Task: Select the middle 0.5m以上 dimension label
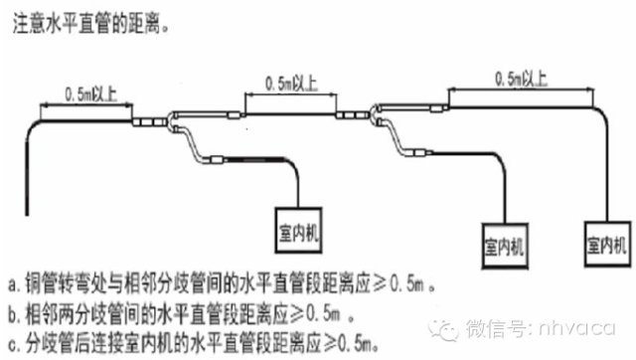coord(286,81)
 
